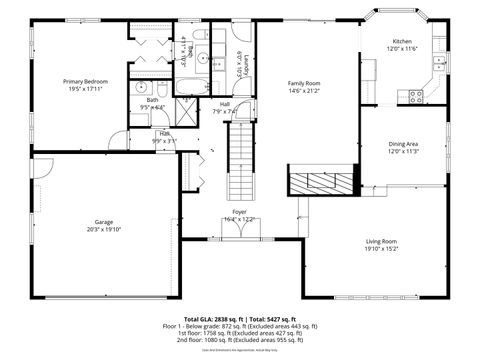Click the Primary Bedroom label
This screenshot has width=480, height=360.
[x=85, y=81]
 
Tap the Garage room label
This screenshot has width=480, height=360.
[x=103, y=221]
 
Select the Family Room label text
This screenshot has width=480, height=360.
[x=304, y=83]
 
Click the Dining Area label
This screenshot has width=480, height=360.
[x=403, y=144]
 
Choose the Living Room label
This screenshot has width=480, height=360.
[x=381, y=241]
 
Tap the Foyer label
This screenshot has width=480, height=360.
[x=239, y=212]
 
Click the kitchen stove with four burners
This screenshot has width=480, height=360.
[x=415, y=96]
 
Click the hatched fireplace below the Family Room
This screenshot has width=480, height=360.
[x=319, y=183]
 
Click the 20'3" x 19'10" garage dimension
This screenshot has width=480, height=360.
[x=103, y=228]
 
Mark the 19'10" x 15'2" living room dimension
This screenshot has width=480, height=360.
[x=381, y=248]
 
